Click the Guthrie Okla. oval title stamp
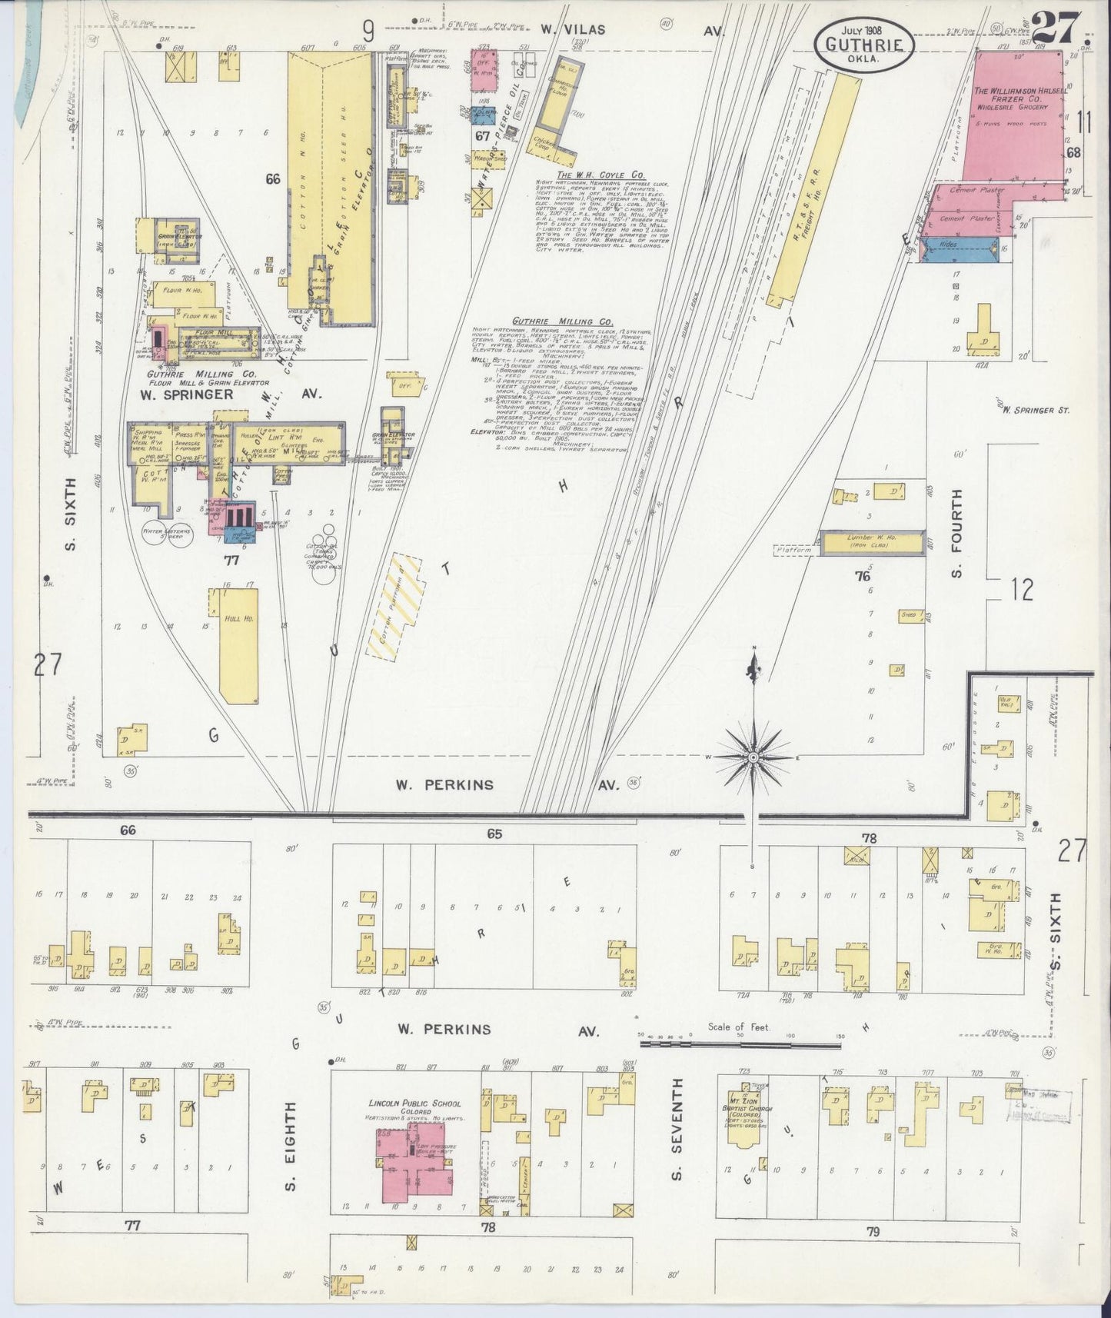click(x=865, y=44)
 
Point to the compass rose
click(x=754, y=757)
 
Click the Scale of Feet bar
click(x=740, y=1045)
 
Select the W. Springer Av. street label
click(x=230, y=394)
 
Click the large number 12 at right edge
click(x=1022, y=590)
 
